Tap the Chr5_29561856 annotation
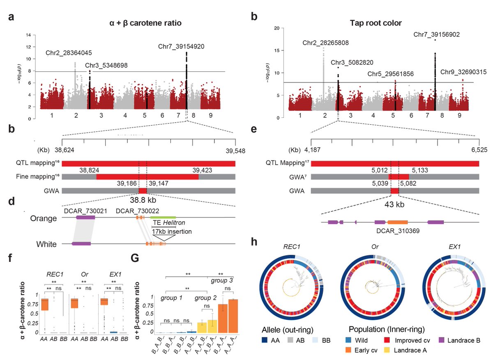pyautogui.click(x=390, y=74)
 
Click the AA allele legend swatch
pyautogui.click(x=266, y=340)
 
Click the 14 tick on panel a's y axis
pyautogui.click(x=28, y=35)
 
